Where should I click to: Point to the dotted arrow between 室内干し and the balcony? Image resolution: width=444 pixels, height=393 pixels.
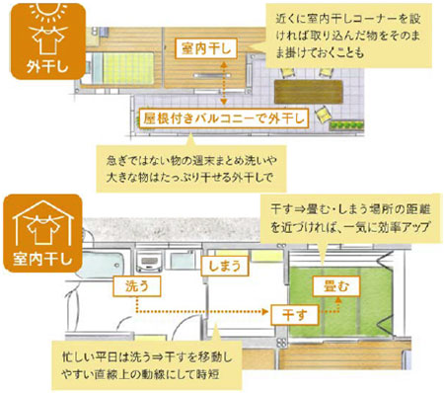pos(225,83)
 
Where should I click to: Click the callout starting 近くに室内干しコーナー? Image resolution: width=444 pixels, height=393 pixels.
pos(350,35)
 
